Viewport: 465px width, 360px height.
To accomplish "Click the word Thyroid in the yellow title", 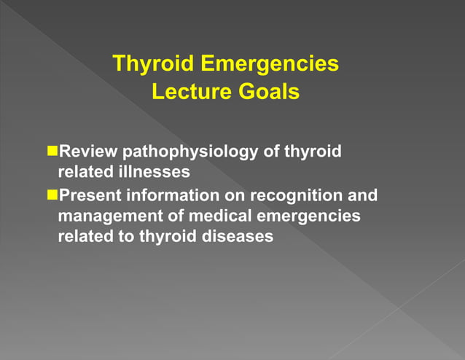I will point(153,64).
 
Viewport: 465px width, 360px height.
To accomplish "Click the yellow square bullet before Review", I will point(52,152).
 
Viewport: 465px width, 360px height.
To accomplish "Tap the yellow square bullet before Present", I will point(52,195).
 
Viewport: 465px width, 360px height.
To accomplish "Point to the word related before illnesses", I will point(85,173).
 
